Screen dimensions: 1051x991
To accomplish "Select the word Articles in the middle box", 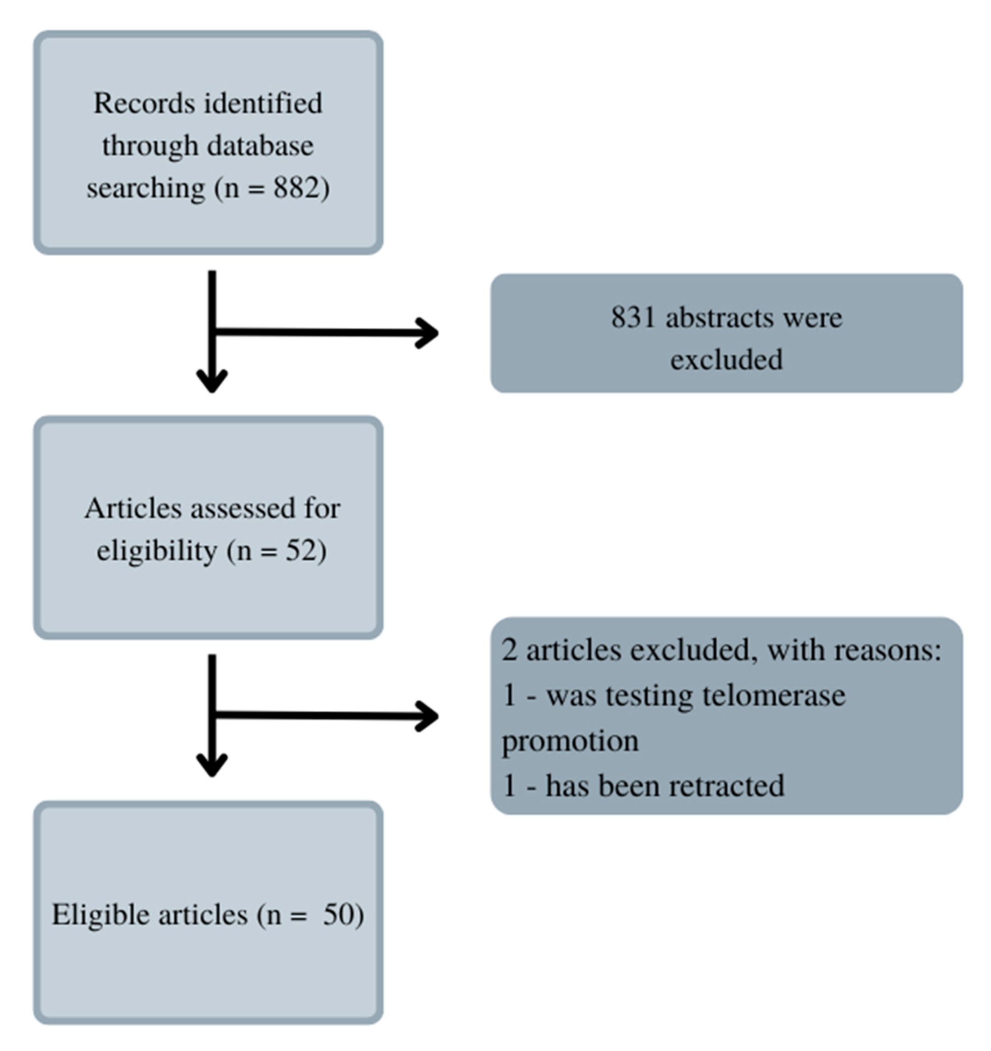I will pyautogui.click(x=133, y=509).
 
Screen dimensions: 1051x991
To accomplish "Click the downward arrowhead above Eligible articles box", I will pyautogui.click(x=212, y=764).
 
